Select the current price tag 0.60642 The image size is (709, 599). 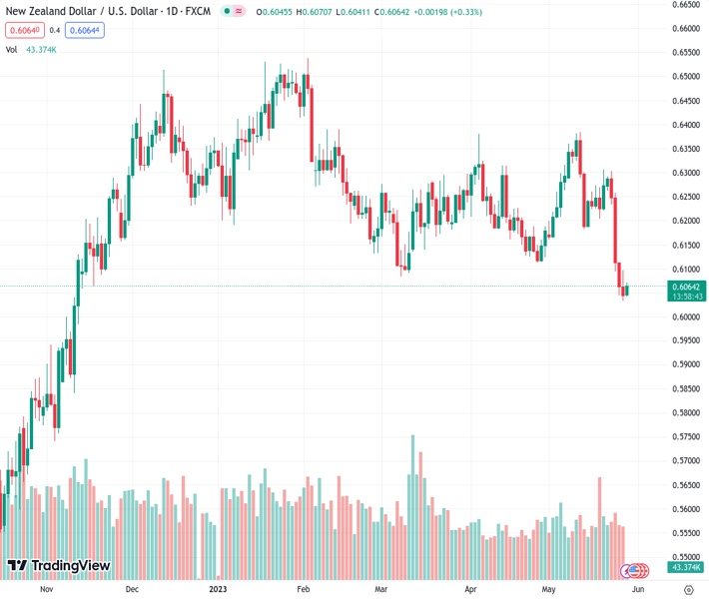pyautogui.click(x=684, y=286)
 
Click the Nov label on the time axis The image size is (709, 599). pyautogui.click(x=45, y=589)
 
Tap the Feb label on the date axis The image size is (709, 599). pyautogui.click(x=305, y=589)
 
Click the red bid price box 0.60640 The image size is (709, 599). pyautogui.click(x=23, y=30)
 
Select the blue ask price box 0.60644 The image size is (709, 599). pyautogui.click(x=85, y=30)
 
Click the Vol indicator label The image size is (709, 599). pyautogui.click(x=12, y=49)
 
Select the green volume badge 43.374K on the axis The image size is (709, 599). pyautogui.click(x=684, y=567)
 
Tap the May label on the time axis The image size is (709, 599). pyautogui.click(x=548, y=589)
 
